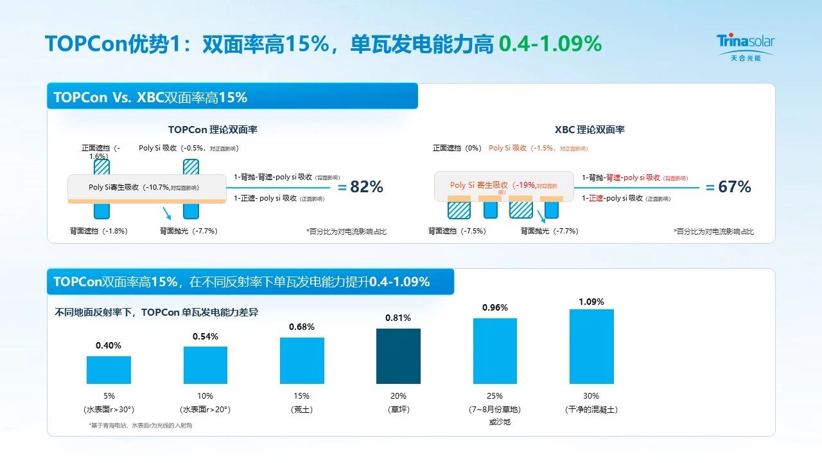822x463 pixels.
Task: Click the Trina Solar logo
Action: coord(745,47)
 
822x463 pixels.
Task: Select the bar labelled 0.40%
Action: coord(109,370)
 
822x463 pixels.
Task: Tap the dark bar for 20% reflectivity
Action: coord(398,356)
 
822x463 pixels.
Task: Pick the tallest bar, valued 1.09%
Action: coord(591,347)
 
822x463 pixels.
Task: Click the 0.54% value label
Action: coord(205,336)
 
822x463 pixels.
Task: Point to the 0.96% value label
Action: coord(495,308)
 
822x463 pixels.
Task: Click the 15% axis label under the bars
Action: coord(302,396)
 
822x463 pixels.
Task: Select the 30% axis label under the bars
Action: coord(591,396)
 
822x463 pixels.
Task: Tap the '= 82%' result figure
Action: coord(360,187)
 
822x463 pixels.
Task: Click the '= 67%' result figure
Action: coord(728,187)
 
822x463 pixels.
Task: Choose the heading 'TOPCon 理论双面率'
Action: coord(213,130)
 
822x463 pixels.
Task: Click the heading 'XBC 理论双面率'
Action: coord(590,130)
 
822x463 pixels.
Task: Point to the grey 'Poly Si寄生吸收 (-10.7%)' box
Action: coord(146,187)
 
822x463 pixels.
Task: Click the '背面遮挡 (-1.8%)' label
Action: coord(99,231)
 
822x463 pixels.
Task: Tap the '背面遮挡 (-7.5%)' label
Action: coord(457,231)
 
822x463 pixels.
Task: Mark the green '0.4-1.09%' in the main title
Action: coord(550,44)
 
